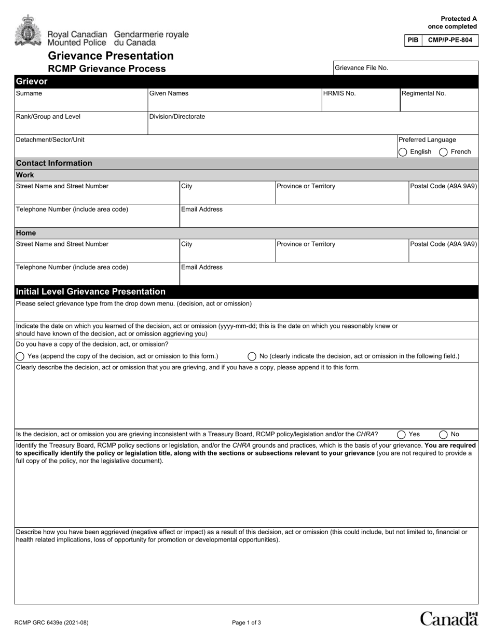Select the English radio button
click(x=403, y=152)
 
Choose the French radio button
click(x=443, y=152)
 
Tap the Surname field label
click(x=29, y=93)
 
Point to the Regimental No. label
click(x=423, y=93)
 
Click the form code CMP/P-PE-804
click(x=450, y=40)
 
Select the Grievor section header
click(x=32, y=81)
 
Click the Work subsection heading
click(x=25, y=175)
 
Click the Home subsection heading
click(x=26, y=233)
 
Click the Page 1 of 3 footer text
click(x=246, y=623)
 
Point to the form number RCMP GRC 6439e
click(x=48, y=623)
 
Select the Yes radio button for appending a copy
click(x=20, y=356)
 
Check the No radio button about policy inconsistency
click(x=443, y=435)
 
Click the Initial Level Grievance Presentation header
click(x=91, y=292)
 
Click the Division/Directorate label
click(x=177, y=117)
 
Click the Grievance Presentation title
click(x=111, y=56)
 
